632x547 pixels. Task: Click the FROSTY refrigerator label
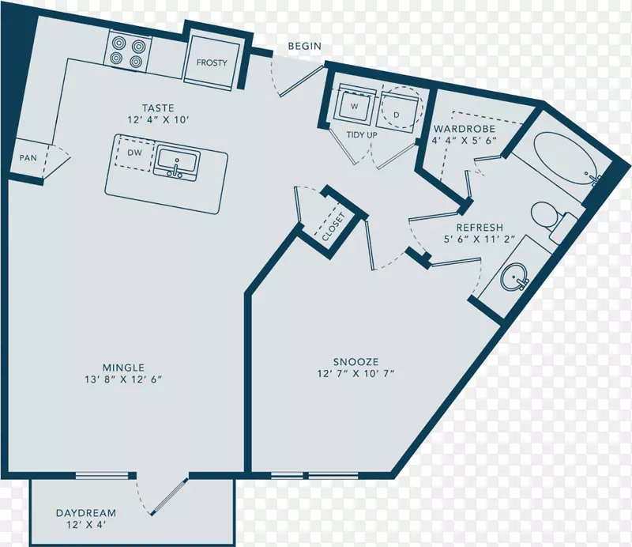[212, 62]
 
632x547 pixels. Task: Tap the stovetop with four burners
[128, 51]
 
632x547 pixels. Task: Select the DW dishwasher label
[134, 153]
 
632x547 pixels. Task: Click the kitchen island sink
[176, 162]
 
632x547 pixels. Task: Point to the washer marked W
[355, 106]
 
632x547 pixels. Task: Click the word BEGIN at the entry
[305, 46]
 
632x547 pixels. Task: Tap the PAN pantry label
[28, 158]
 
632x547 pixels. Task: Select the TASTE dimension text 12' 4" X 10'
[158, 120]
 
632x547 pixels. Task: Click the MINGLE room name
[123, 368]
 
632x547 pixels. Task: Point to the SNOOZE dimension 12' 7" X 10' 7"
[355, 374]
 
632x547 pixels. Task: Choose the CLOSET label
[333, 227]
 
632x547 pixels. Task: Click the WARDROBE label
[465, 129]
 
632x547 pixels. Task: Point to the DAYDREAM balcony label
[86, 513]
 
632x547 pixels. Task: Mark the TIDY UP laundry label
[362, 134]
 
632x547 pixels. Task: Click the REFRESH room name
[480, 228]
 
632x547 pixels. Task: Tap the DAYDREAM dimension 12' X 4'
[86, 525]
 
